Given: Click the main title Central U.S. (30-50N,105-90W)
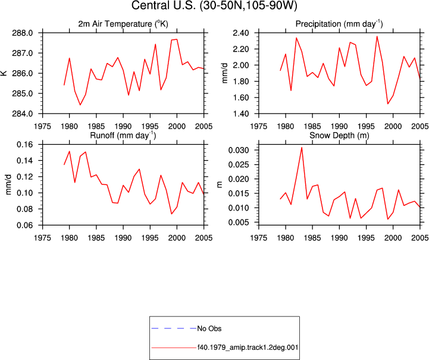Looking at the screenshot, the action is click(x=214, y=5).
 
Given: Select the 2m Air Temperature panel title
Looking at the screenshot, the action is click(x=123, y=24).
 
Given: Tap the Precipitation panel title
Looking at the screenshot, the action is click(x=339, y=24).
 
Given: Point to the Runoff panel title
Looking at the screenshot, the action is click(x=123, y=136).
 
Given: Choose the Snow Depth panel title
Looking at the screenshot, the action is click(x=339, y=136).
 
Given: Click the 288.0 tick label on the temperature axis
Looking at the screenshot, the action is click(x=22, y=33).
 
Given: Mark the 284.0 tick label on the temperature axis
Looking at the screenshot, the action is click(x=22, y=114).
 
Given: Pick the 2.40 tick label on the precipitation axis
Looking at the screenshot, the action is click(x=241, y=33).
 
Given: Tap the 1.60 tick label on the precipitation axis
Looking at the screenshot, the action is click(x=241, y=98).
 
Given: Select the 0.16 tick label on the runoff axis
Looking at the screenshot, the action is click(x=24, y=145).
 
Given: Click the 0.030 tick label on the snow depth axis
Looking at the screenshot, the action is click(x=239, y=150).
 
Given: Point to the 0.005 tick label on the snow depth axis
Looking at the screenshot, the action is click(x=239, y=223).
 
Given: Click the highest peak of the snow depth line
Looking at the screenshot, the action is click(x=302, y=148).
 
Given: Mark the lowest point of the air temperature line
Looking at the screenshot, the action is click(x=80, y=105).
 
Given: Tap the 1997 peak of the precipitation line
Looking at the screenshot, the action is click(x=377, y=36).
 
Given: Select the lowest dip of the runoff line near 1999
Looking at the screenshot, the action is click(x=171, y=214).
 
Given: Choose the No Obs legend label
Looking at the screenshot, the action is click(x=209, y=328).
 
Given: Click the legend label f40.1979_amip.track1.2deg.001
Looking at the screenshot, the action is click(x=248, y=348).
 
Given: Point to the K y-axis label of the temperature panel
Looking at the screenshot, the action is click(x=4, y=73).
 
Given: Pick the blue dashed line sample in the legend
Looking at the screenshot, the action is click(x=174, y=328).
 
